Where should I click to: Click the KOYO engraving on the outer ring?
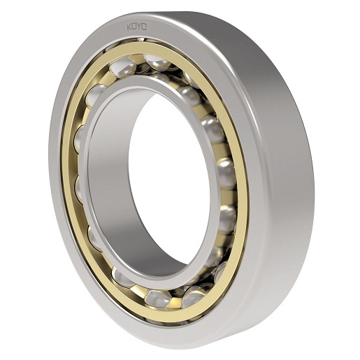pos(137,27)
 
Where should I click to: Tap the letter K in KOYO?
pos(129,27)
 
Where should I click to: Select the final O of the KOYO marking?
pos(145,27)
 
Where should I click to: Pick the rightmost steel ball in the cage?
pos(227,173)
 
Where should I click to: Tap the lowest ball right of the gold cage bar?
pos(194,296)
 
